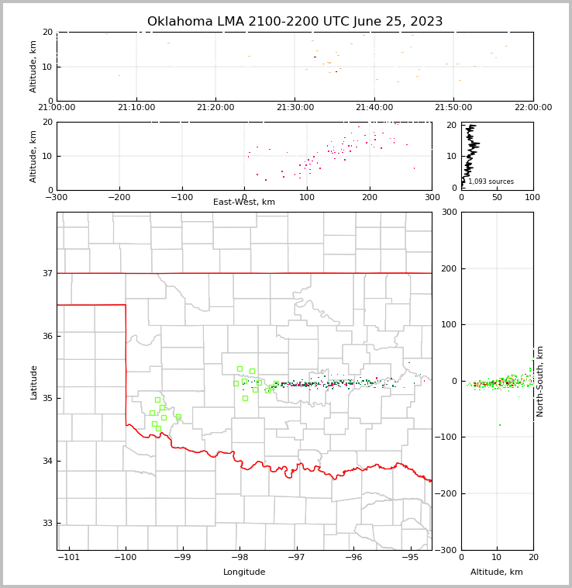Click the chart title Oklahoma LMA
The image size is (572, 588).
[x=295, y=22]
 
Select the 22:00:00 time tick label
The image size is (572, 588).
[x=532, y=108]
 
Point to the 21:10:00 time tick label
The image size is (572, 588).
[x=136, y=108]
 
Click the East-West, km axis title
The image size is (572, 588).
[x=244, y=202]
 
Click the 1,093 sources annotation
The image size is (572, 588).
[x=491, y=182]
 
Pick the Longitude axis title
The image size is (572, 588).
[x=244, y=572]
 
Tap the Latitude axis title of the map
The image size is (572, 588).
[x=33, y=382]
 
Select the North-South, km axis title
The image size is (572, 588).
[x=540, y=381]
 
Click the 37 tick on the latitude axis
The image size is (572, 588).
[x=47, y=273]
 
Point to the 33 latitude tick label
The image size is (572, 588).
[x=47, y=524]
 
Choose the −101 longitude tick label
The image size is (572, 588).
[x=69, y=558]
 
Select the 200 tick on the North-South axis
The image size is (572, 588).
[x=447, y=268]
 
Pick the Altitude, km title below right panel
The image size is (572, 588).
[x=497, y=572]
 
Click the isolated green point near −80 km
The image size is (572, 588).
[x=499, y=425]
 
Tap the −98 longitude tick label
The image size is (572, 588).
[x=239, y=558]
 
